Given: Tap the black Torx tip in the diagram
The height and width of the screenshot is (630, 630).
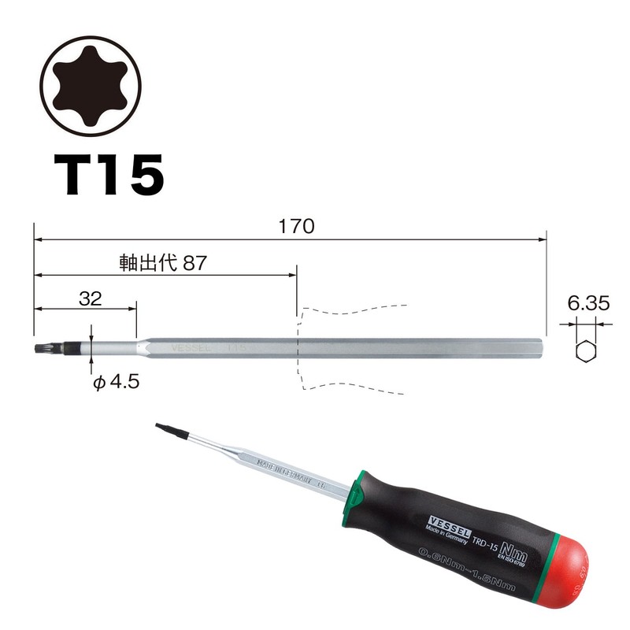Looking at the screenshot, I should [41, 346].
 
